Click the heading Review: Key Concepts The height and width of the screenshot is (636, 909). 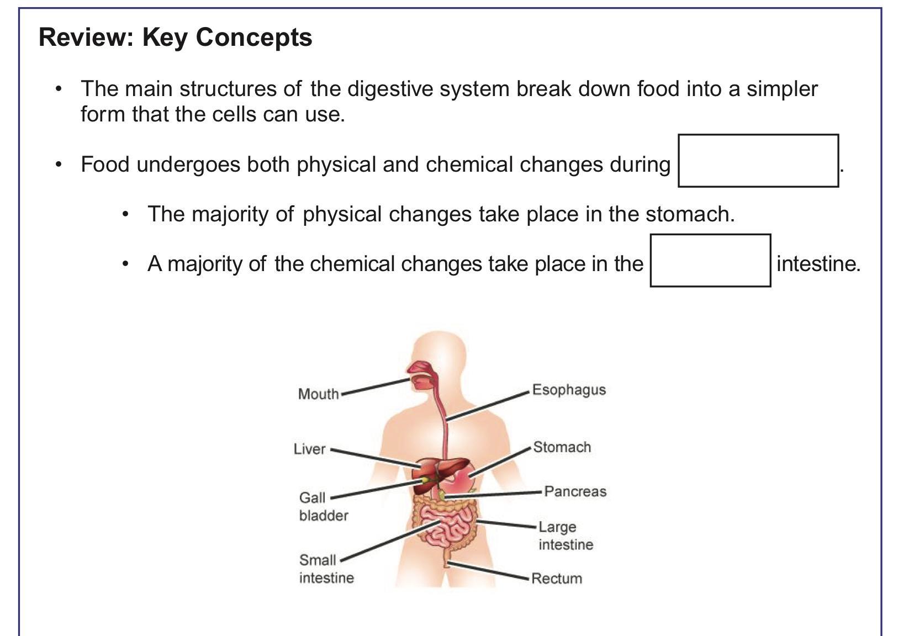tap(176, 38)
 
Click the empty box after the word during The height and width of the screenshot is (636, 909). tap(758, 161)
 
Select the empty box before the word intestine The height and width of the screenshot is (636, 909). tap(710, 261)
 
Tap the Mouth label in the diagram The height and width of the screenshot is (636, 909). tap(318, 394)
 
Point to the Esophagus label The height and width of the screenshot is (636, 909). tap(569, 390)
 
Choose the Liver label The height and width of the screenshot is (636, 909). tap(310, 449)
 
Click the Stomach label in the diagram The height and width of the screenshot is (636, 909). tap(562, 447)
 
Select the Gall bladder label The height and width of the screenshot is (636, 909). tap(323, 506)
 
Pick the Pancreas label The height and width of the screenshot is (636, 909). tap(575, 491)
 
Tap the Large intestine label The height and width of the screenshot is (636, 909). tap(566, 536)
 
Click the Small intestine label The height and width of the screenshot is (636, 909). tap(326, 569)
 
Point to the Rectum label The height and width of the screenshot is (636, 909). tap(557, 579)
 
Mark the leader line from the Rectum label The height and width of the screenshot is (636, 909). tap(489, 571)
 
